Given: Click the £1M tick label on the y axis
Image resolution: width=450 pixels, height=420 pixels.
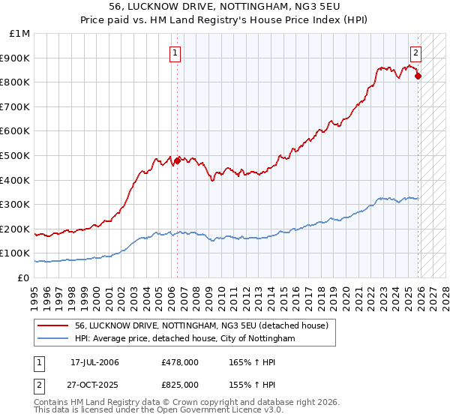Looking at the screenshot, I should [x=20, y=34].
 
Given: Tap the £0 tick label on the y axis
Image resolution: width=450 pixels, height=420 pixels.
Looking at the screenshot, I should [x=24, y=277].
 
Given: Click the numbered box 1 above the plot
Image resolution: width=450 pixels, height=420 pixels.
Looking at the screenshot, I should [x=175, y=52].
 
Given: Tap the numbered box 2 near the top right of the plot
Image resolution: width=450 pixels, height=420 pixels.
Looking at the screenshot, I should [x=415, y=52].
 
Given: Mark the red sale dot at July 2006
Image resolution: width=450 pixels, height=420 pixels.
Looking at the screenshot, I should [x=178, y=160].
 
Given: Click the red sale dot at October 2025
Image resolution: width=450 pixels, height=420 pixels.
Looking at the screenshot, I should [x=418, y=76].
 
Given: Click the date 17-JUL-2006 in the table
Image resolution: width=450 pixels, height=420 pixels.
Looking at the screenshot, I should [x=94, y=362].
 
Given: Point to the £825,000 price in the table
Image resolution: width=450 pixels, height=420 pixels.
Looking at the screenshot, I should [x=179, y=384].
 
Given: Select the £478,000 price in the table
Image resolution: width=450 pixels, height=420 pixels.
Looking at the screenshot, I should [x=179, y=362].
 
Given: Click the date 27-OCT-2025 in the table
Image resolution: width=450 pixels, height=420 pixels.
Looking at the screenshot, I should [x=94, y=384].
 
